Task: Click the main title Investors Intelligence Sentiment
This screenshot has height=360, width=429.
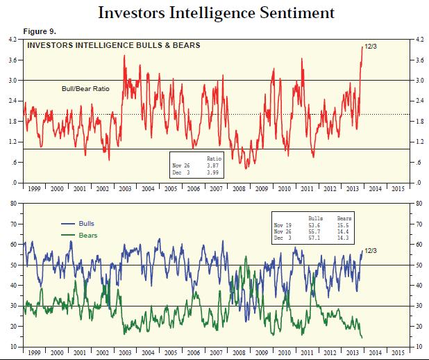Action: pos(216,13)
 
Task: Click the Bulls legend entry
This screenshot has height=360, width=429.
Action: pos(87,224)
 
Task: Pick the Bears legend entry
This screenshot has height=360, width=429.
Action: pos(87,236)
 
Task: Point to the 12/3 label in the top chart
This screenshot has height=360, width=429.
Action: pos(371,47)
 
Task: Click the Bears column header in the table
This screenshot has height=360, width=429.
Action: pos(343,219)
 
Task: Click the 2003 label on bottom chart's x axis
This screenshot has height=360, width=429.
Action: pos(126,352)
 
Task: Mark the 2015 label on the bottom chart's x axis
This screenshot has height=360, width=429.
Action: pos(397,352)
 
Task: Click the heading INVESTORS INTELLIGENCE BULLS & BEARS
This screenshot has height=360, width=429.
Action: pos(113,46)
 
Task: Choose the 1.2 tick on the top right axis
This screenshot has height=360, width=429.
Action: pos(419,142)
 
